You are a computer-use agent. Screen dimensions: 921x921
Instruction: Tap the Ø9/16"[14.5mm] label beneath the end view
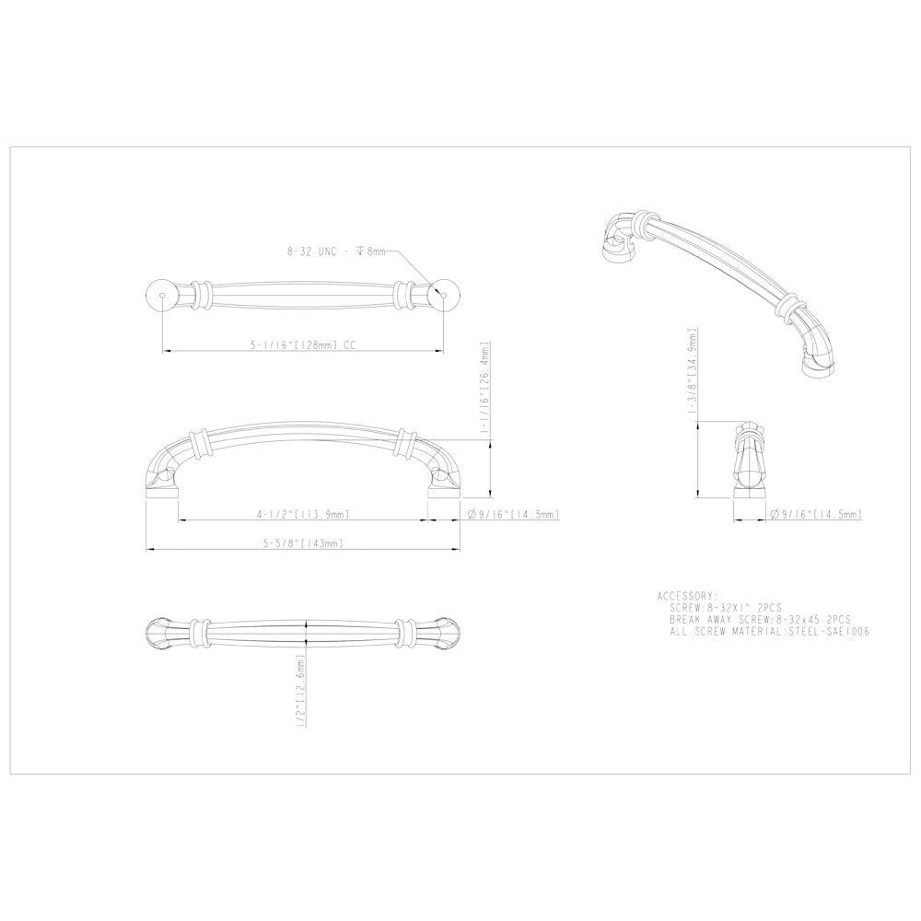pos(816,514)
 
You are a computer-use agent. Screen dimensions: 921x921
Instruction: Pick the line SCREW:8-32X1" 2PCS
pos(727,608)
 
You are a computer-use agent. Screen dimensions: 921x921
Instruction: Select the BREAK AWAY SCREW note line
pos(761,620)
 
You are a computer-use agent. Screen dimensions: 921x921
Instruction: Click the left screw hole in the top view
pos(162,295)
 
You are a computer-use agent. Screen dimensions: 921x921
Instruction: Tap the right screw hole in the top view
pos(444,295)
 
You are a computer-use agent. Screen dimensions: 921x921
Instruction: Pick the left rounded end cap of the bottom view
pos(158,631)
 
